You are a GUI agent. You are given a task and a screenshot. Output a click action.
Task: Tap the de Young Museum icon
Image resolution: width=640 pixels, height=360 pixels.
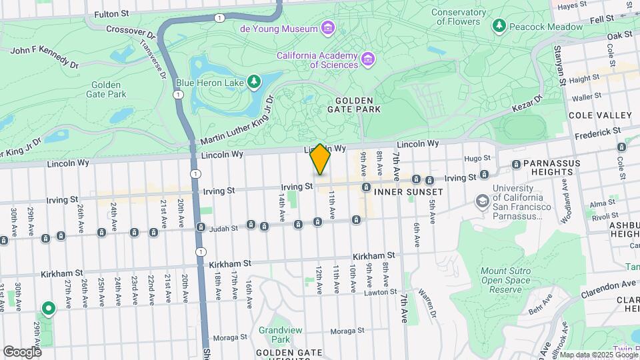[327, 29]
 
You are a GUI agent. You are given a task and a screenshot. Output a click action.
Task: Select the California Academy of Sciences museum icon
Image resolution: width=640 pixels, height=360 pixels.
[367, 61]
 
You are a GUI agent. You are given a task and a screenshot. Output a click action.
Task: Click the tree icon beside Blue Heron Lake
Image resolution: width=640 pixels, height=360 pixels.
[253, 82]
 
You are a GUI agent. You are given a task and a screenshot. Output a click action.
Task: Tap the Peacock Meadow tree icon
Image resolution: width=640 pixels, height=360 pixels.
[499, 26]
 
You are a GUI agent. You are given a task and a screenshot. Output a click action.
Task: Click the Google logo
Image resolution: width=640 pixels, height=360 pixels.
[22, 351]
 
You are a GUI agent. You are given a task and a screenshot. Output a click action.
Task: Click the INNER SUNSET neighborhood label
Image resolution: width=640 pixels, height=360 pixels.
[409, 191]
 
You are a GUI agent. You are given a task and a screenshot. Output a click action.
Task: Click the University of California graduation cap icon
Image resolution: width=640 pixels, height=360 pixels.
[482, 201]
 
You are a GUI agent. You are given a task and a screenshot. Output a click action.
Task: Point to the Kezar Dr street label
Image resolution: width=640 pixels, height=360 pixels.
[529, 102]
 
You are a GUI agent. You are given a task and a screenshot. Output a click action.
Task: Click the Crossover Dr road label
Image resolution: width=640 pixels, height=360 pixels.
[130, 30]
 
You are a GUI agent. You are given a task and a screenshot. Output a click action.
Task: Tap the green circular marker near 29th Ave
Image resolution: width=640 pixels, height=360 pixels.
[48, 309]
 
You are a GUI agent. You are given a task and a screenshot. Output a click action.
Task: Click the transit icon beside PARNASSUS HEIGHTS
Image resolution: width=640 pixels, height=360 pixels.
[516, 164]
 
